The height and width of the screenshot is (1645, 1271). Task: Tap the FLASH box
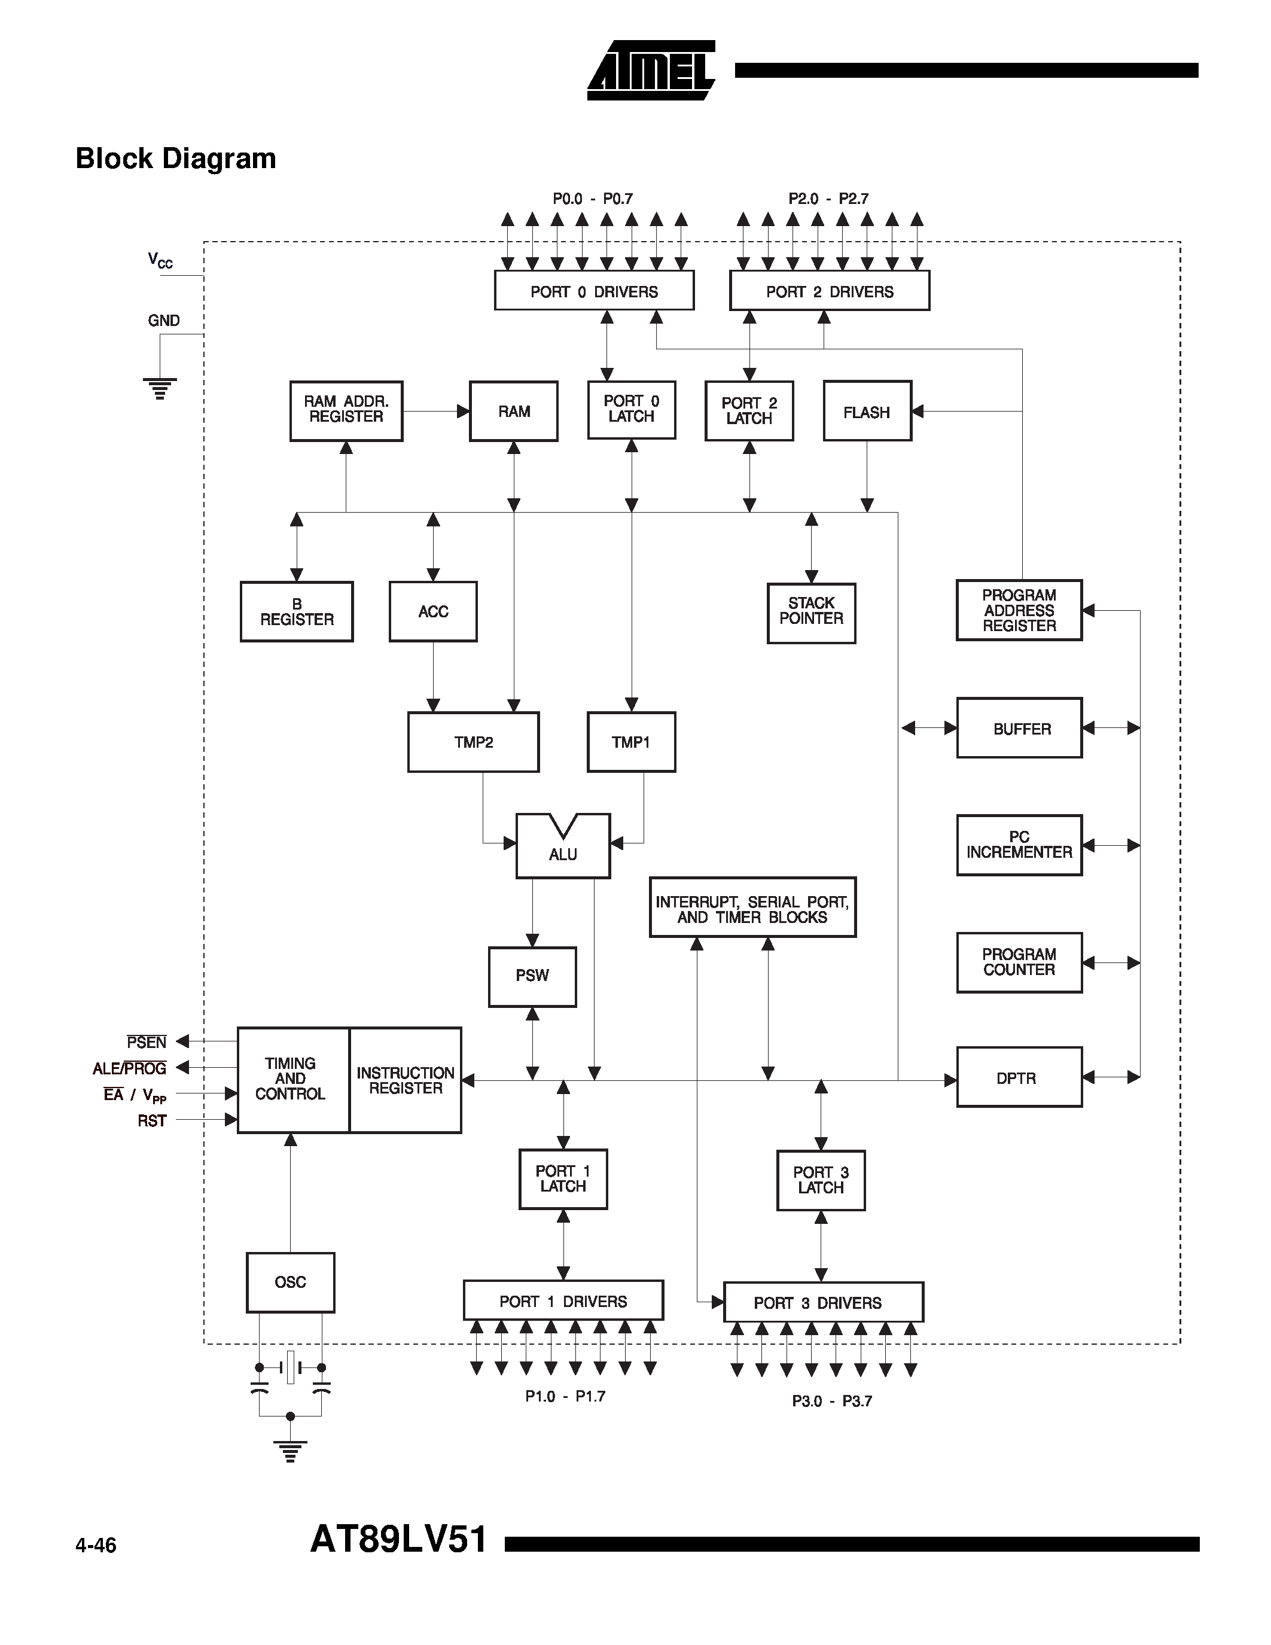[x=867, y=412]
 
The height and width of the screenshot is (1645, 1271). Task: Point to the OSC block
[x=290, y=1282]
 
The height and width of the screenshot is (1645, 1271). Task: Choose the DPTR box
[x=1018, y=1078]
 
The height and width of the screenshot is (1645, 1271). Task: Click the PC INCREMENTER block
[x=1018, y=845]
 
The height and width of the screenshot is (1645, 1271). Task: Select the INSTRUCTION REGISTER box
[x=405, y=1080]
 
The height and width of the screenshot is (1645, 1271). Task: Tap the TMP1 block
[x=630, y=742]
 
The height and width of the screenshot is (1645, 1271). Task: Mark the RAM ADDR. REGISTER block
[x=346, y=410]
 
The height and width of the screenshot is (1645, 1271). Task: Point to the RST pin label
[x=151, y=1121]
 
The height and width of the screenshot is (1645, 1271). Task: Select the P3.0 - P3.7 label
[x=831, y=1402]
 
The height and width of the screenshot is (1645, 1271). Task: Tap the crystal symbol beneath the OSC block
[x=291, y=1367]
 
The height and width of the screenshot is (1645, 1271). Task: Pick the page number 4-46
[x=96, y=1546]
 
